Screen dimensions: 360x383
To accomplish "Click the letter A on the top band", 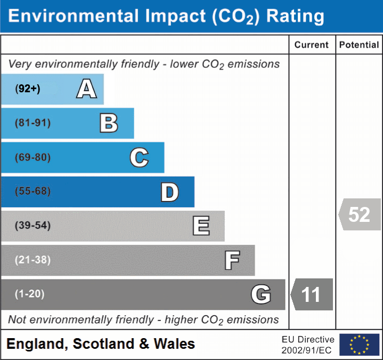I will [86, 89].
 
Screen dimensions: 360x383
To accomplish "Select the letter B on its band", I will [109, 123].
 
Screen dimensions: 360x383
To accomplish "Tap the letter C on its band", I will [139, 157].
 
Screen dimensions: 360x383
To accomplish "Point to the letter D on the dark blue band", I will [169, 192].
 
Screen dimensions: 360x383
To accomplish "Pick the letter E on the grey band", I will [201, 226].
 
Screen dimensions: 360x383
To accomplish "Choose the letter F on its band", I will [232, 261].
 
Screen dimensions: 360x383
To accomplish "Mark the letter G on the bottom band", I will [261, 294].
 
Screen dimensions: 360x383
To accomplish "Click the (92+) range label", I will [28, 89].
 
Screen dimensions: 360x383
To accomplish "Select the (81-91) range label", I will [33, 123].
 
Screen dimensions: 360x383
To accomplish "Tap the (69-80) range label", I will [33, 158].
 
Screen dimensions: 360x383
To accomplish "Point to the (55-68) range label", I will [33, 191].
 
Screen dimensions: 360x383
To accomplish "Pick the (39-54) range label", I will [33, 226].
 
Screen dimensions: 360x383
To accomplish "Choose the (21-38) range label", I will [33, 260].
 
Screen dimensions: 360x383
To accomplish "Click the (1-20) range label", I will [30, 294].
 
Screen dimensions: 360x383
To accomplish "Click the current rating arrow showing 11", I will [312, 294].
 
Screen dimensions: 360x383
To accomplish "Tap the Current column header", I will [312, 45].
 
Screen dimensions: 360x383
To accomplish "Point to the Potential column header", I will [359, 45].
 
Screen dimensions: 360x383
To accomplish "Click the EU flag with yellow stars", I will [359, 345].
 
